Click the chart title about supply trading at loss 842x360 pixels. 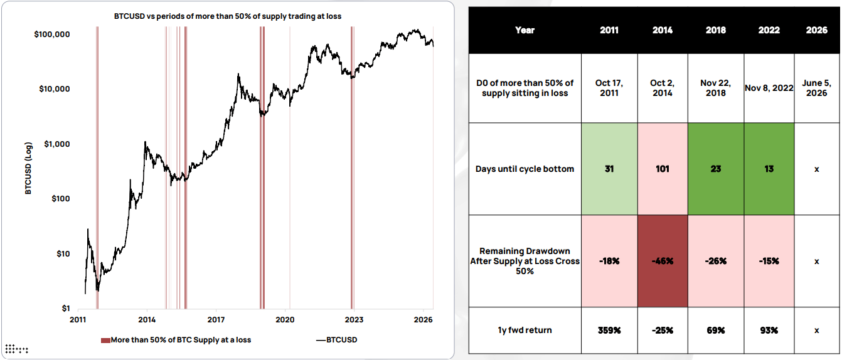227,16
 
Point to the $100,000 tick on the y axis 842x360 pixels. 52,34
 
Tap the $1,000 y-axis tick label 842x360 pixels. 56,144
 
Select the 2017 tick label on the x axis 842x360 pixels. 216,320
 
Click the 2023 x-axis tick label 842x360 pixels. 354,320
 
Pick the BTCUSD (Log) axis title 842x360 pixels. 28,168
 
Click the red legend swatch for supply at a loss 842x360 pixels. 105,341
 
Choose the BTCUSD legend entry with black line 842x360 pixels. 337,340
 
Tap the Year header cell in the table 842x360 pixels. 525,30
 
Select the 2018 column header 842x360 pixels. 716,30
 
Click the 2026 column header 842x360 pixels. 816,30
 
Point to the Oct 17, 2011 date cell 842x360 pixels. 609,88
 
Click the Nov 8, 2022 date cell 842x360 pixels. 769,88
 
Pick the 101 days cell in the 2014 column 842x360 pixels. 663,169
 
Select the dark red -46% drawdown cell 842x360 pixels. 663,261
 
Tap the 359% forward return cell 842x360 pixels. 609,331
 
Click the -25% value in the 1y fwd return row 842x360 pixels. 663,331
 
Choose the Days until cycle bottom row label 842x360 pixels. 525,169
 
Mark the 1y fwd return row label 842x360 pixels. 525,331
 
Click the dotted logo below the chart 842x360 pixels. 16,349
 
